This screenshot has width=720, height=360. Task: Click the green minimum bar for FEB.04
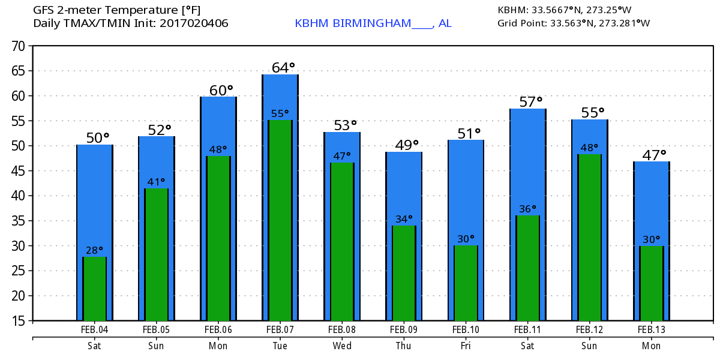(94, 289)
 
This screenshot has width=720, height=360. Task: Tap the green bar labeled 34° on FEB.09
(404, 273)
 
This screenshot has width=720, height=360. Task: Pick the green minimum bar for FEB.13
(651, 283)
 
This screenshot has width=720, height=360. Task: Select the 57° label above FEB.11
(530, 102)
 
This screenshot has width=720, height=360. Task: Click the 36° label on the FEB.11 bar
(527, 209)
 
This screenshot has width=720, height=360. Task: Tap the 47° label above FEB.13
(654, 155)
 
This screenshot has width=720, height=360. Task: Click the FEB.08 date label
(342, 329)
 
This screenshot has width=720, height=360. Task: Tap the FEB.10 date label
(466, 329)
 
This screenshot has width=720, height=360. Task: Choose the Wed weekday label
(342, 346)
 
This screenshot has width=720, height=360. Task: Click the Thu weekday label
(404, 346)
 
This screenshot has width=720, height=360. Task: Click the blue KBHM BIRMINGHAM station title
(373, 23)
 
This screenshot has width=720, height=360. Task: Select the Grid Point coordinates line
(574, 23)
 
